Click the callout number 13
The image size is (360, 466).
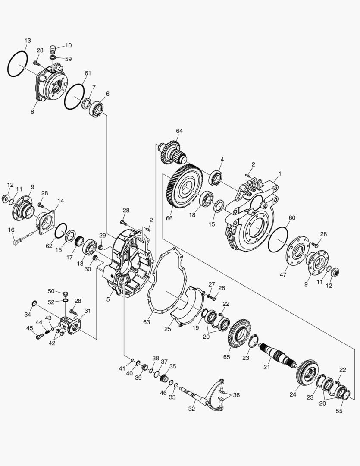click(x=27, y=41)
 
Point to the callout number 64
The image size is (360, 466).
click(x=179, y=131)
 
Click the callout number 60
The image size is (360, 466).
click(x=292, y=218)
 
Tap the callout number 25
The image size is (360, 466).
click(x=168, y=329)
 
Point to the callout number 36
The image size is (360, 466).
click(x=236, y=395)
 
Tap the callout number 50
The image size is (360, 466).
click(x=63, y=292)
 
